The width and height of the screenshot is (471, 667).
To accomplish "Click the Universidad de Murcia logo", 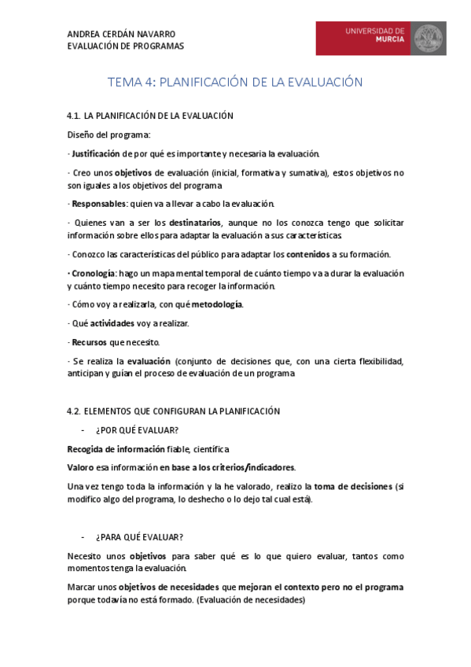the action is (381, 39).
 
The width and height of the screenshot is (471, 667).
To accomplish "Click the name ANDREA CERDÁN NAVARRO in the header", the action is (121, 34).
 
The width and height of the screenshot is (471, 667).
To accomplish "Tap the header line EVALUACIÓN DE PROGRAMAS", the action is (126, 46).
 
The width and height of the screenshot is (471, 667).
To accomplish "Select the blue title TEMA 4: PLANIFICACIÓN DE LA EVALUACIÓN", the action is (235, 82).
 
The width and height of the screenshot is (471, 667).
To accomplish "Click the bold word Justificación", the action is (95, 153).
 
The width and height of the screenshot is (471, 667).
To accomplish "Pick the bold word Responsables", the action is (98, 204).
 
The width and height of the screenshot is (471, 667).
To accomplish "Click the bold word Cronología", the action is (93, 273).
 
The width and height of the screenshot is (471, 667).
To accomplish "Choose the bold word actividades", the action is (112, 323).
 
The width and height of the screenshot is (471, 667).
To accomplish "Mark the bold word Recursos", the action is (89, 342).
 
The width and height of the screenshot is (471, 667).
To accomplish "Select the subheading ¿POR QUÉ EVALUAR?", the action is (137, 430).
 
